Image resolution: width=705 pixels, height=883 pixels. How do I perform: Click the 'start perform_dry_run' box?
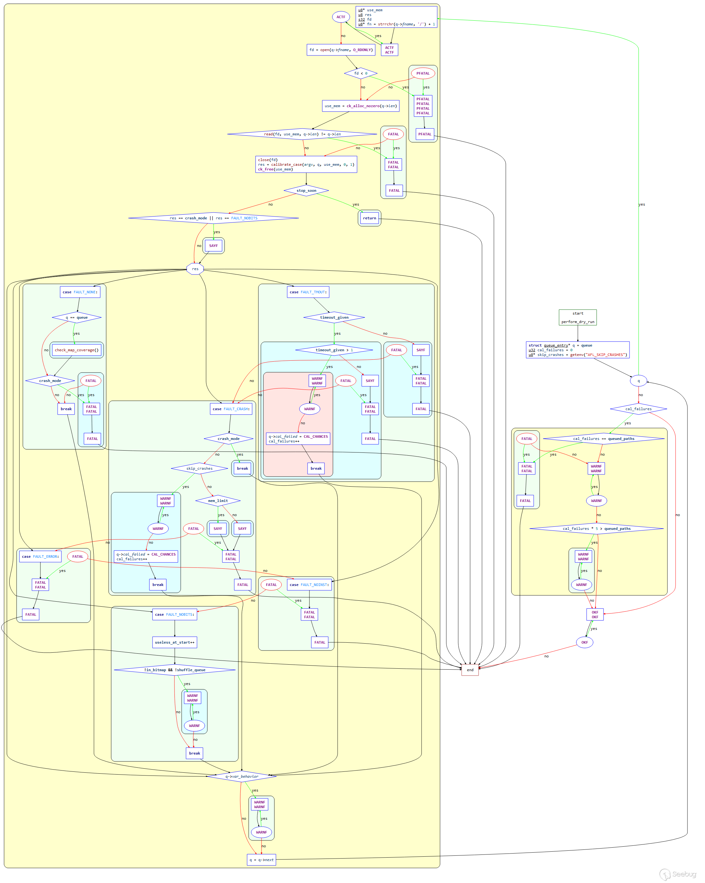point(577,317)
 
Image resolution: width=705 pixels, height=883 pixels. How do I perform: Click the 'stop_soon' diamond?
point(306,191)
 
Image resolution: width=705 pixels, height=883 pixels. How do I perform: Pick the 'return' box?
point(369,218)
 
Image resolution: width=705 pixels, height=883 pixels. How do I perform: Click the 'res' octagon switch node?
point(195,269)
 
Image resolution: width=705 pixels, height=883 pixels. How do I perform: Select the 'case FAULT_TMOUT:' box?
point(308,292)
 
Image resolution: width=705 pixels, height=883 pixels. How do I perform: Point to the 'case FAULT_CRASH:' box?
point(231,409)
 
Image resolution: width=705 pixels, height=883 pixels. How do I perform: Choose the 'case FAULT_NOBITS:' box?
point(174,614)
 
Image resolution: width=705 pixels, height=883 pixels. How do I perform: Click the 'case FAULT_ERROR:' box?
point(40,556)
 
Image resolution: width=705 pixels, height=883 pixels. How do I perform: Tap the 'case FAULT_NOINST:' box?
point(309,585)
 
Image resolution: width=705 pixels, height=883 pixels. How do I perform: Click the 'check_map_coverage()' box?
point(76,350)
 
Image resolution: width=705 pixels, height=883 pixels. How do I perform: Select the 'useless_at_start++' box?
point(174,642)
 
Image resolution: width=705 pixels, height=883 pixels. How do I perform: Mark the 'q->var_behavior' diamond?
point(241,776)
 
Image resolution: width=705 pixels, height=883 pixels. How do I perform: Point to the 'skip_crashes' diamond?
point(200,468)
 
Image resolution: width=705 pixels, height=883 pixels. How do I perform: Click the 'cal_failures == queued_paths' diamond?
point(604,439)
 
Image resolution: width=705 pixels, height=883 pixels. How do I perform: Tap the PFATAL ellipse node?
point(423,73)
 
